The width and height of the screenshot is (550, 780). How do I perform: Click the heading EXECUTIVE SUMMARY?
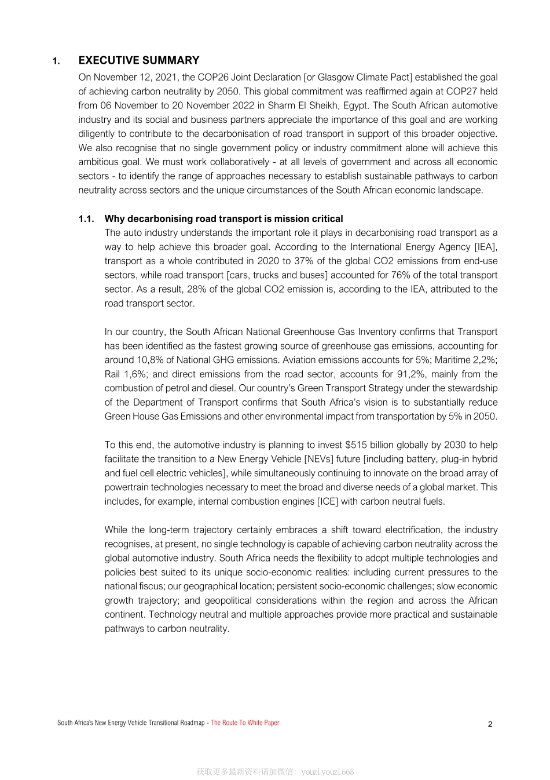click(x=139, y=60)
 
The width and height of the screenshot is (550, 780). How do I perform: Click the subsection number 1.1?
click(x=86, y=218)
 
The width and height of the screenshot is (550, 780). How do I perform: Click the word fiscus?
click(x=151, y=586)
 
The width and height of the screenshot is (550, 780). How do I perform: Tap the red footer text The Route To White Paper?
click(x=245, y=723)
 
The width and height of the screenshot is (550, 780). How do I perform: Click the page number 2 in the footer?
click(x=490, y=724)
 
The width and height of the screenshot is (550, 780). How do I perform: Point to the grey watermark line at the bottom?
click(x=275, y=772)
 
